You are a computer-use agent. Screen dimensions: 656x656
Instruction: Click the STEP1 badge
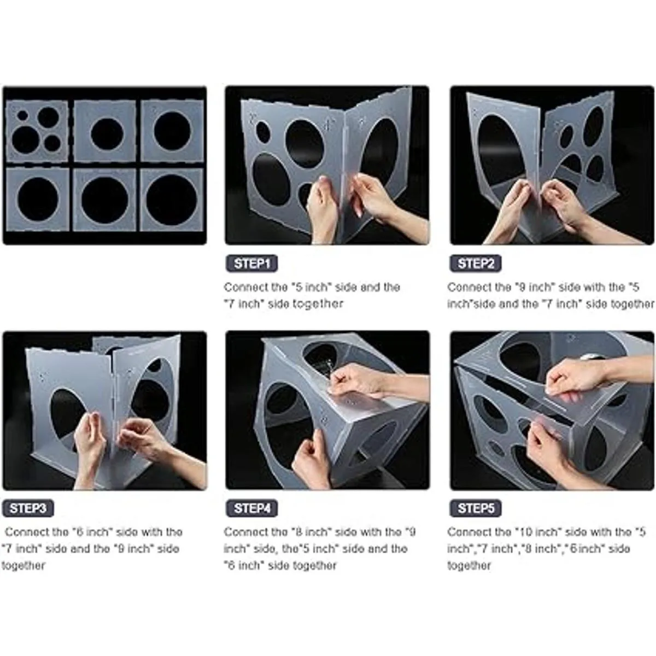tap(251, 263)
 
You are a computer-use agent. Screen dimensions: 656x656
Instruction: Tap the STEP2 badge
tap(475, 263)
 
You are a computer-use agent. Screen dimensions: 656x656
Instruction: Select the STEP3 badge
tap(28, 508)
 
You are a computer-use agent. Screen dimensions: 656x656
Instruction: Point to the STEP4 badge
tap(251, 508)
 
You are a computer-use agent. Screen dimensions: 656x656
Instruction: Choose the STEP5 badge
tap(475, 508)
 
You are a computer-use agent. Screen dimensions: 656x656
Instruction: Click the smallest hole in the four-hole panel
tap(22, 115)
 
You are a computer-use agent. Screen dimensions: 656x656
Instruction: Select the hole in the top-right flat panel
tap(172, 131)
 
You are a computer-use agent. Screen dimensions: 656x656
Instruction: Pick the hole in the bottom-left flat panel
tap(38, 198)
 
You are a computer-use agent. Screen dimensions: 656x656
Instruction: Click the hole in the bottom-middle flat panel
tap(105, 200)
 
